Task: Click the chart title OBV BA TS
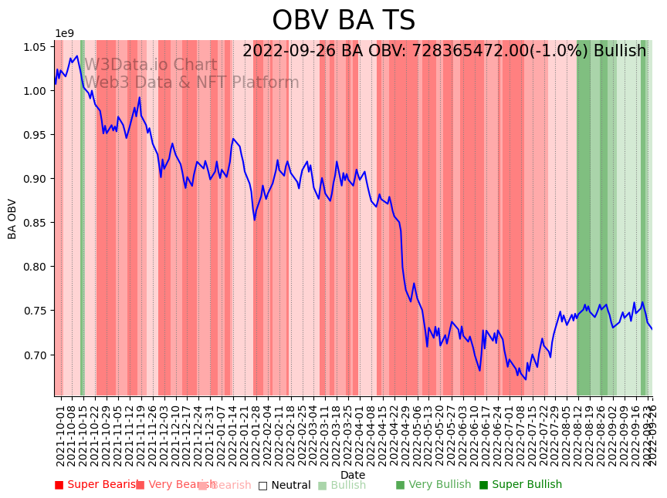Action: pyautogui.click(x=344, y=21)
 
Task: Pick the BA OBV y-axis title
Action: pyautogui.click(x=12, y=219)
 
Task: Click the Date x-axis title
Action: pyautogui.click(x=353, y=475)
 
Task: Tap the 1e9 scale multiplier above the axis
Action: pyautogui.click(x=64, y=34)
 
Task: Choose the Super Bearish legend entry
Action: pyautogui.click(x=97, y=485)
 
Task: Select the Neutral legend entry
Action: pyautogui.click(x=284, y=485)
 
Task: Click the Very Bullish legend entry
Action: pyautogui.click(x=433, y=485)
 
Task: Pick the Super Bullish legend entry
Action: pyautogui.click(x=520, y=485)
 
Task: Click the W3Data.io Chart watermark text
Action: pyautogui.click(x=151, y=66)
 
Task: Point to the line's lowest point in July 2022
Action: pyautogui.click(x=526, y=379)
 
